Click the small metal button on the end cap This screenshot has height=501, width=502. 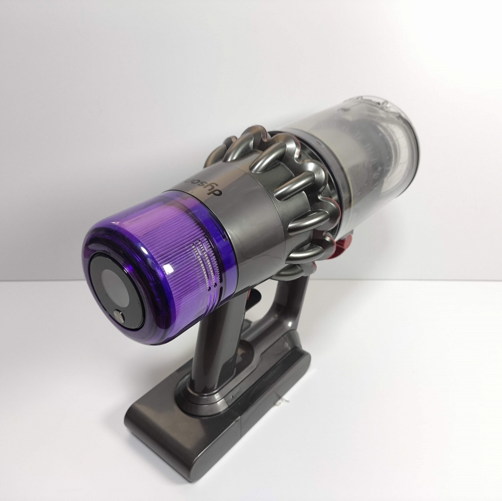pos(120,316)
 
